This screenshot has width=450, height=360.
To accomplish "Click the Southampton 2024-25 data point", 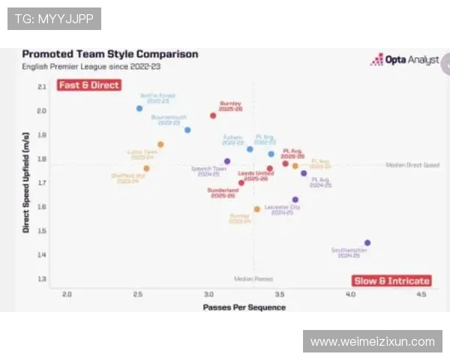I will click(367, 243).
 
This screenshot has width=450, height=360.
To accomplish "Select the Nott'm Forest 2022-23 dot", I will click(139, 109).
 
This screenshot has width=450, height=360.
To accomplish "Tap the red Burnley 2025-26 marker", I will click(213, 115).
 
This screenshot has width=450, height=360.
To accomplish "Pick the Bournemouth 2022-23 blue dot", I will click(187, 130).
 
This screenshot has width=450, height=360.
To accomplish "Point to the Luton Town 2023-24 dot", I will click(160, 144).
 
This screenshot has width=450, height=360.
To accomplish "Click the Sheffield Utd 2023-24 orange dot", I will click(146, 169).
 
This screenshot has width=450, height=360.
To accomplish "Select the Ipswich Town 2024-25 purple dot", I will click(227, 161).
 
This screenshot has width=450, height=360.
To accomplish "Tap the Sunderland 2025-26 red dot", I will click(241, 182).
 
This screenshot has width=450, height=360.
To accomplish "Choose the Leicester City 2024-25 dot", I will click(295, 200).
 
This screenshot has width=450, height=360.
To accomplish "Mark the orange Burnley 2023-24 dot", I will click(256, 209).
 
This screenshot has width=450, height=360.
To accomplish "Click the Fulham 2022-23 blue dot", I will click(250, 149).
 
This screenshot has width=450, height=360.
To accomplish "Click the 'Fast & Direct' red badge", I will click(88, 85).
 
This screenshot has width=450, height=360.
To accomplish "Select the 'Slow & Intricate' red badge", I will click(391, 281).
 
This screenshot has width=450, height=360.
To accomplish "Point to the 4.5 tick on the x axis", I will click(421, 295).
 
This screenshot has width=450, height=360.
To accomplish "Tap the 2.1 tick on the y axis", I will click(42, 87).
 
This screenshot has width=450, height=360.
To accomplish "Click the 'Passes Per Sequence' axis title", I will click(244, 307).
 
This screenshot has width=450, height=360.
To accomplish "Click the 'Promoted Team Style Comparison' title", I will click(110, 54).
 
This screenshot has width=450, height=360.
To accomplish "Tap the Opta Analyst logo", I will click(404, 59).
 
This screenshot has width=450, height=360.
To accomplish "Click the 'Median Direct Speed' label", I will click(412, 165).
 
